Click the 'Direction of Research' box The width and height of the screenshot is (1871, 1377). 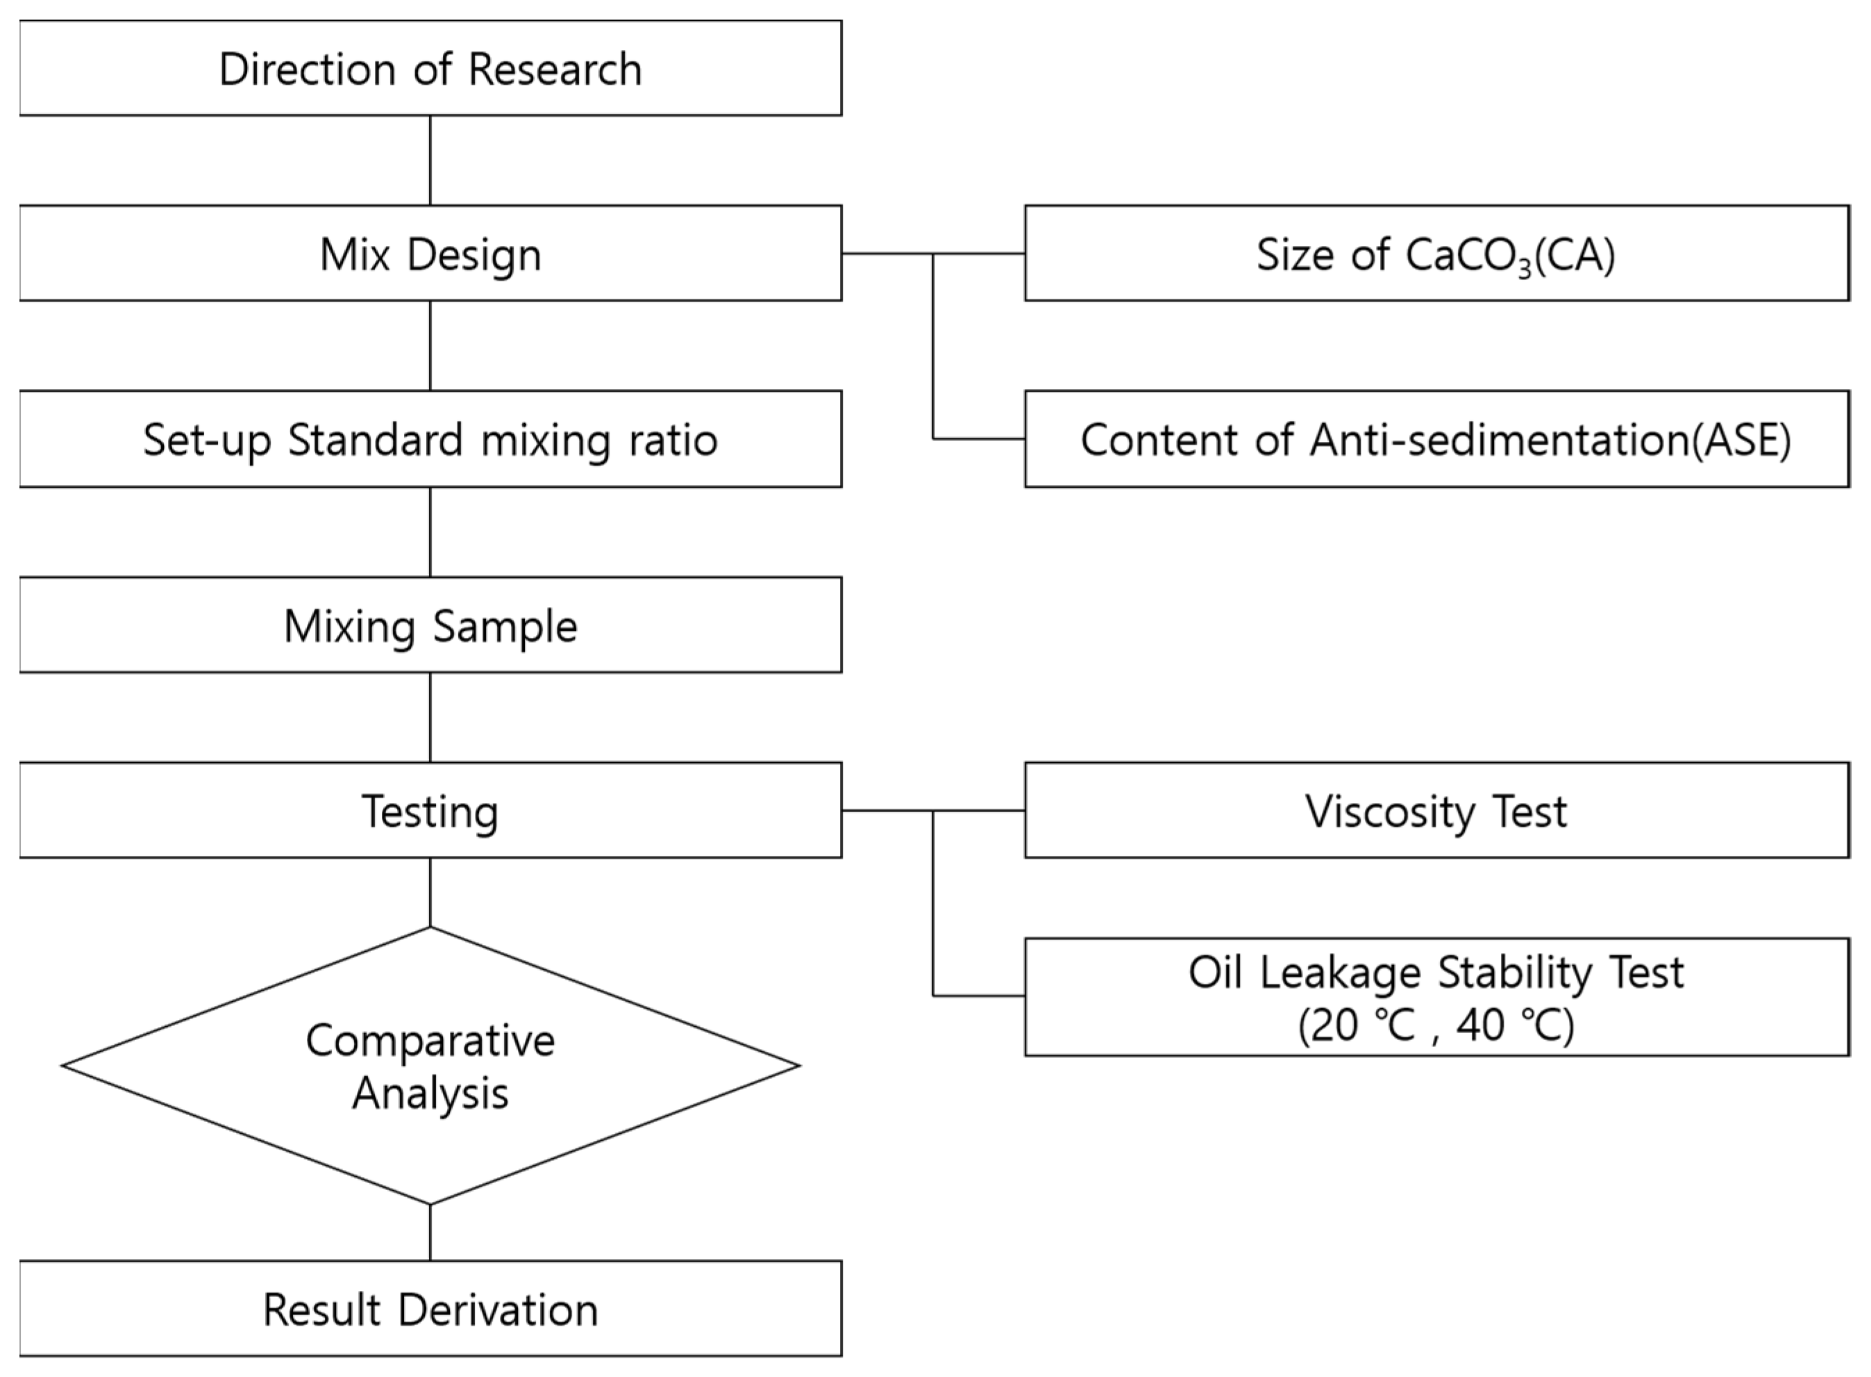430,68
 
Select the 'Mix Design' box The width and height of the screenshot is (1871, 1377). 430,254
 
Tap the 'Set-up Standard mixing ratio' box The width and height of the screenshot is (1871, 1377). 430,439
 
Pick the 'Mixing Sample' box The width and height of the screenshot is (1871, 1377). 430,625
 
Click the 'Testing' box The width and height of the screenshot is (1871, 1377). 430,810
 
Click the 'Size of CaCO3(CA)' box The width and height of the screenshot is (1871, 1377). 1436,254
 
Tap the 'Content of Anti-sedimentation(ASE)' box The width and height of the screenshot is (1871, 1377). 1436,439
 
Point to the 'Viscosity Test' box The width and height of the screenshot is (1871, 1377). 1436,810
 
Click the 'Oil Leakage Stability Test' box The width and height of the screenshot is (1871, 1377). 1436,997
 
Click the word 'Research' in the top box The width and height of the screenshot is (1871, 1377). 555,68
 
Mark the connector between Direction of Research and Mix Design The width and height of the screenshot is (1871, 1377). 430,160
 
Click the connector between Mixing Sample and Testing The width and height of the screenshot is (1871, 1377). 430,717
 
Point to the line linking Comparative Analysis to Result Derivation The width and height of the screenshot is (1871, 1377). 430,1232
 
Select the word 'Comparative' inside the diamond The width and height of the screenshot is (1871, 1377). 430,1040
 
